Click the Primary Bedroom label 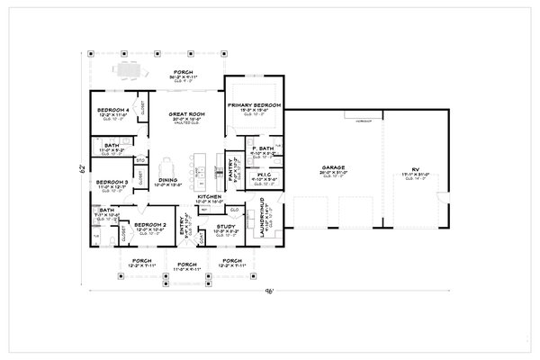254,105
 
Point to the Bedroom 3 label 112,181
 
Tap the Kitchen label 209,195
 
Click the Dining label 166,181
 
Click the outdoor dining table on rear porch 124,68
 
